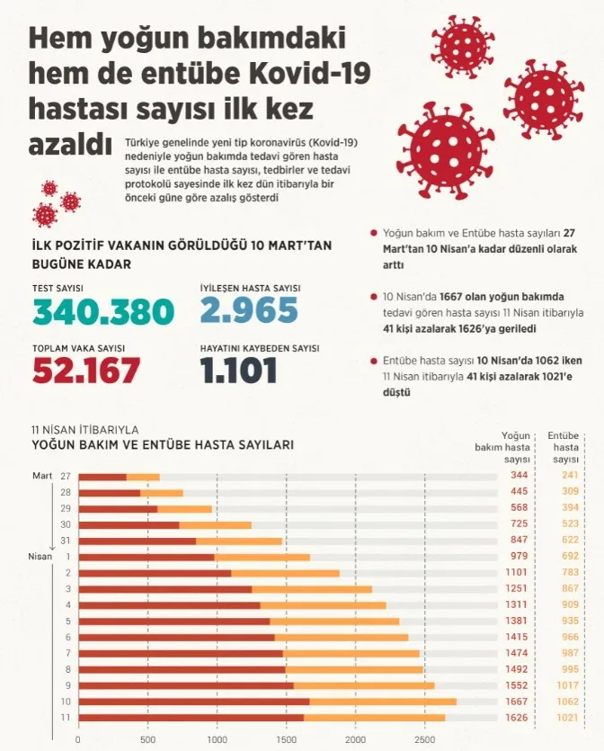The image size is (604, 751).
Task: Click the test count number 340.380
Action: (103, 311)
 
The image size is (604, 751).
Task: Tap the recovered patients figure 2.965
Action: (249, 310)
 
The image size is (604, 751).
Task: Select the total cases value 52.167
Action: (86, 369)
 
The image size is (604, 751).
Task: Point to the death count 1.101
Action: (238, 369)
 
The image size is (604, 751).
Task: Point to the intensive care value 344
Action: (518, 476)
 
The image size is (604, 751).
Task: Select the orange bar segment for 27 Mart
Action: (143, 477)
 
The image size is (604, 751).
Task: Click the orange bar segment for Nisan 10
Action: (383, 702)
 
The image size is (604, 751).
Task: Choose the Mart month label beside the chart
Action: (41, 475)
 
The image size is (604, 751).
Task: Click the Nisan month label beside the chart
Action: (42, 556)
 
